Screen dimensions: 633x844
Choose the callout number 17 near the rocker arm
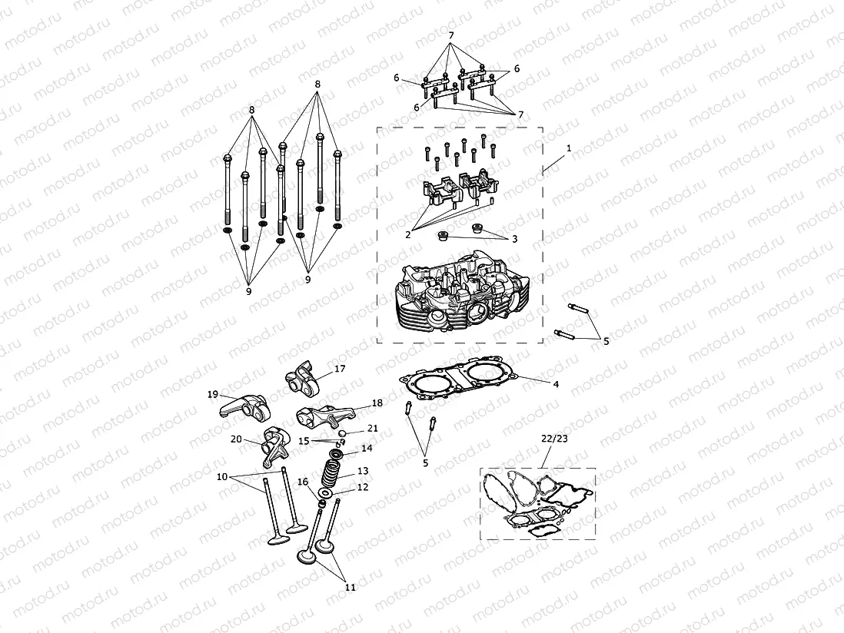339,369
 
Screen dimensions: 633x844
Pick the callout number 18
377,403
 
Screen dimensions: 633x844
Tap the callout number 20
237,439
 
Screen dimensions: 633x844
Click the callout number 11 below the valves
350,587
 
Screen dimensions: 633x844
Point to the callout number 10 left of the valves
222,476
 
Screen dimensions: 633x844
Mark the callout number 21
372,428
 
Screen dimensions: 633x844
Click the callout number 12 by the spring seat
362,487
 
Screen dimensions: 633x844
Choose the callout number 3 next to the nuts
514,239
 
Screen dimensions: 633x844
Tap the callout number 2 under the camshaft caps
408,235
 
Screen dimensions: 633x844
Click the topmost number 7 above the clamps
451,35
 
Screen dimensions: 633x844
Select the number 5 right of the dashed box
606,341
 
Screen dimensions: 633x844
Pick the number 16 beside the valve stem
303,482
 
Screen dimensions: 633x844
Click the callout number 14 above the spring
367,448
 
